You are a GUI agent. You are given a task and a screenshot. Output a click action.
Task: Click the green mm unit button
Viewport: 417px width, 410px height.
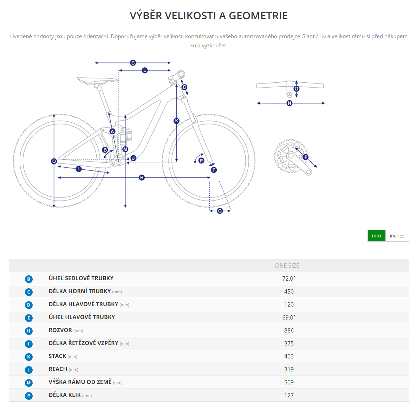click(376, 236)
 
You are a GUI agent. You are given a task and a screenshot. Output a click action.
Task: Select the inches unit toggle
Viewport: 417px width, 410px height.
click(397, 236)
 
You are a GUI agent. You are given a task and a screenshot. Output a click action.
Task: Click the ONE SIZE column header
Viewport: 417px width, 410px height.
click(287, 266)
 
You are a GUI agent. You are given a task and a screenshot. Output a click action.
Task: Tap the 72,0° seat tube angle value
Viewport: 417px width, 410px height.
click(289, 278)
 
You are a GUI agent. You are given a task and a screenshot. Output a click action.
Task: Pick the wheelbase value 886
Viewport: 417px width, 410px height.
click(289, 330)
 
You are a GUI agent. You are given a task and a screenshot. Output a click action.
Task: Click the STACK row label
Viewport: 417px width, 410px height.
click(58, 356)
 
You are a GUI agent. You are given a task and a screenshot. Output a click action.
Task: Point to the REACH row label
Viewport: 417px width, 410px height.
click(58, 369)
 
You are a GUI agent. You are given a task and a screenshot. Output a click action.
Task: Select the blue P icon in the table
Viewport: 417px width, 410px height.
click(29, 396)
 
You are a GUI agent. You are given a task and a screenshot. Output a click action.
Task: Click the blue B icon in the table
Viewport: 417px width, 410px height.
click(29, 279)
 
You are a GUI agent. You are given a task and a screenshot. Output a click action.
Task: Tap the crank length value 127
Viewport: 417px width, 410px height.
click(289, 395)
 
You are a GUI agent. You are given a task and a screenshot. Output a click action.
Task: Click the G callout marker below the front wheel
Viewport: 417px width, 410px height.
click(220, 211)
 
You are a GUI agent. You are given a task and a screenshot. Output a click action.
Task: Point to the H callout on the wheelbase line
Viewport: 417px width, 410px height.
click(142, 178)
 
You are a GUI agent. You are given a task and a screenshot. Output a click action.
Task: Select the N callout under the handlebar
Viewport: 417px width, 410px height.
click(289, 103)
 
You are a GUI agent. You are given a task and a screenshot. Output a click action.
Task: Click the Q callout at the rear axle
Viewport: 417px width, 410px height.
click(54, 161)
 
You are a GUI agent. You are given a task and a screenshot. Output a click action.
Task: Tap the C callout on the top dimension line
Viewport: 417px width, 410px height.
click(133, 63)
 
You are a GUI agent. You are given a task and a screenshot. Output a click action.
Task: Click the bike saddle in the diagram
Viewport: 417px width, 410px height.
click(97, 80)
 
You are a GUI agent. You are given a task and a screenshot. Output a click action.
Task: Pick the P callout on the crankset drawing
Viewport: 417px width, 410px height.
click(306, 157)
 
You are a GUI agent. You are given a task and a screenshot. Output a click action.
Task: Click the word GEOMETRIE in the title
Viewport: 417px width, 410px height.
click(258, 16)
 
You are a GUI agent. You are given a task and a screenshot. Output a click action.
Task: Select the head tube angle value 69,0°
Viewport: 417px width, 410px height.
click(289, 317)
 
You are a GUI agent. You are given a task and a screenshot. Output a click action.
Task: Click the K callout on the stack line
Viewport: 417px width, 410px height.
click(177, 121)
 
